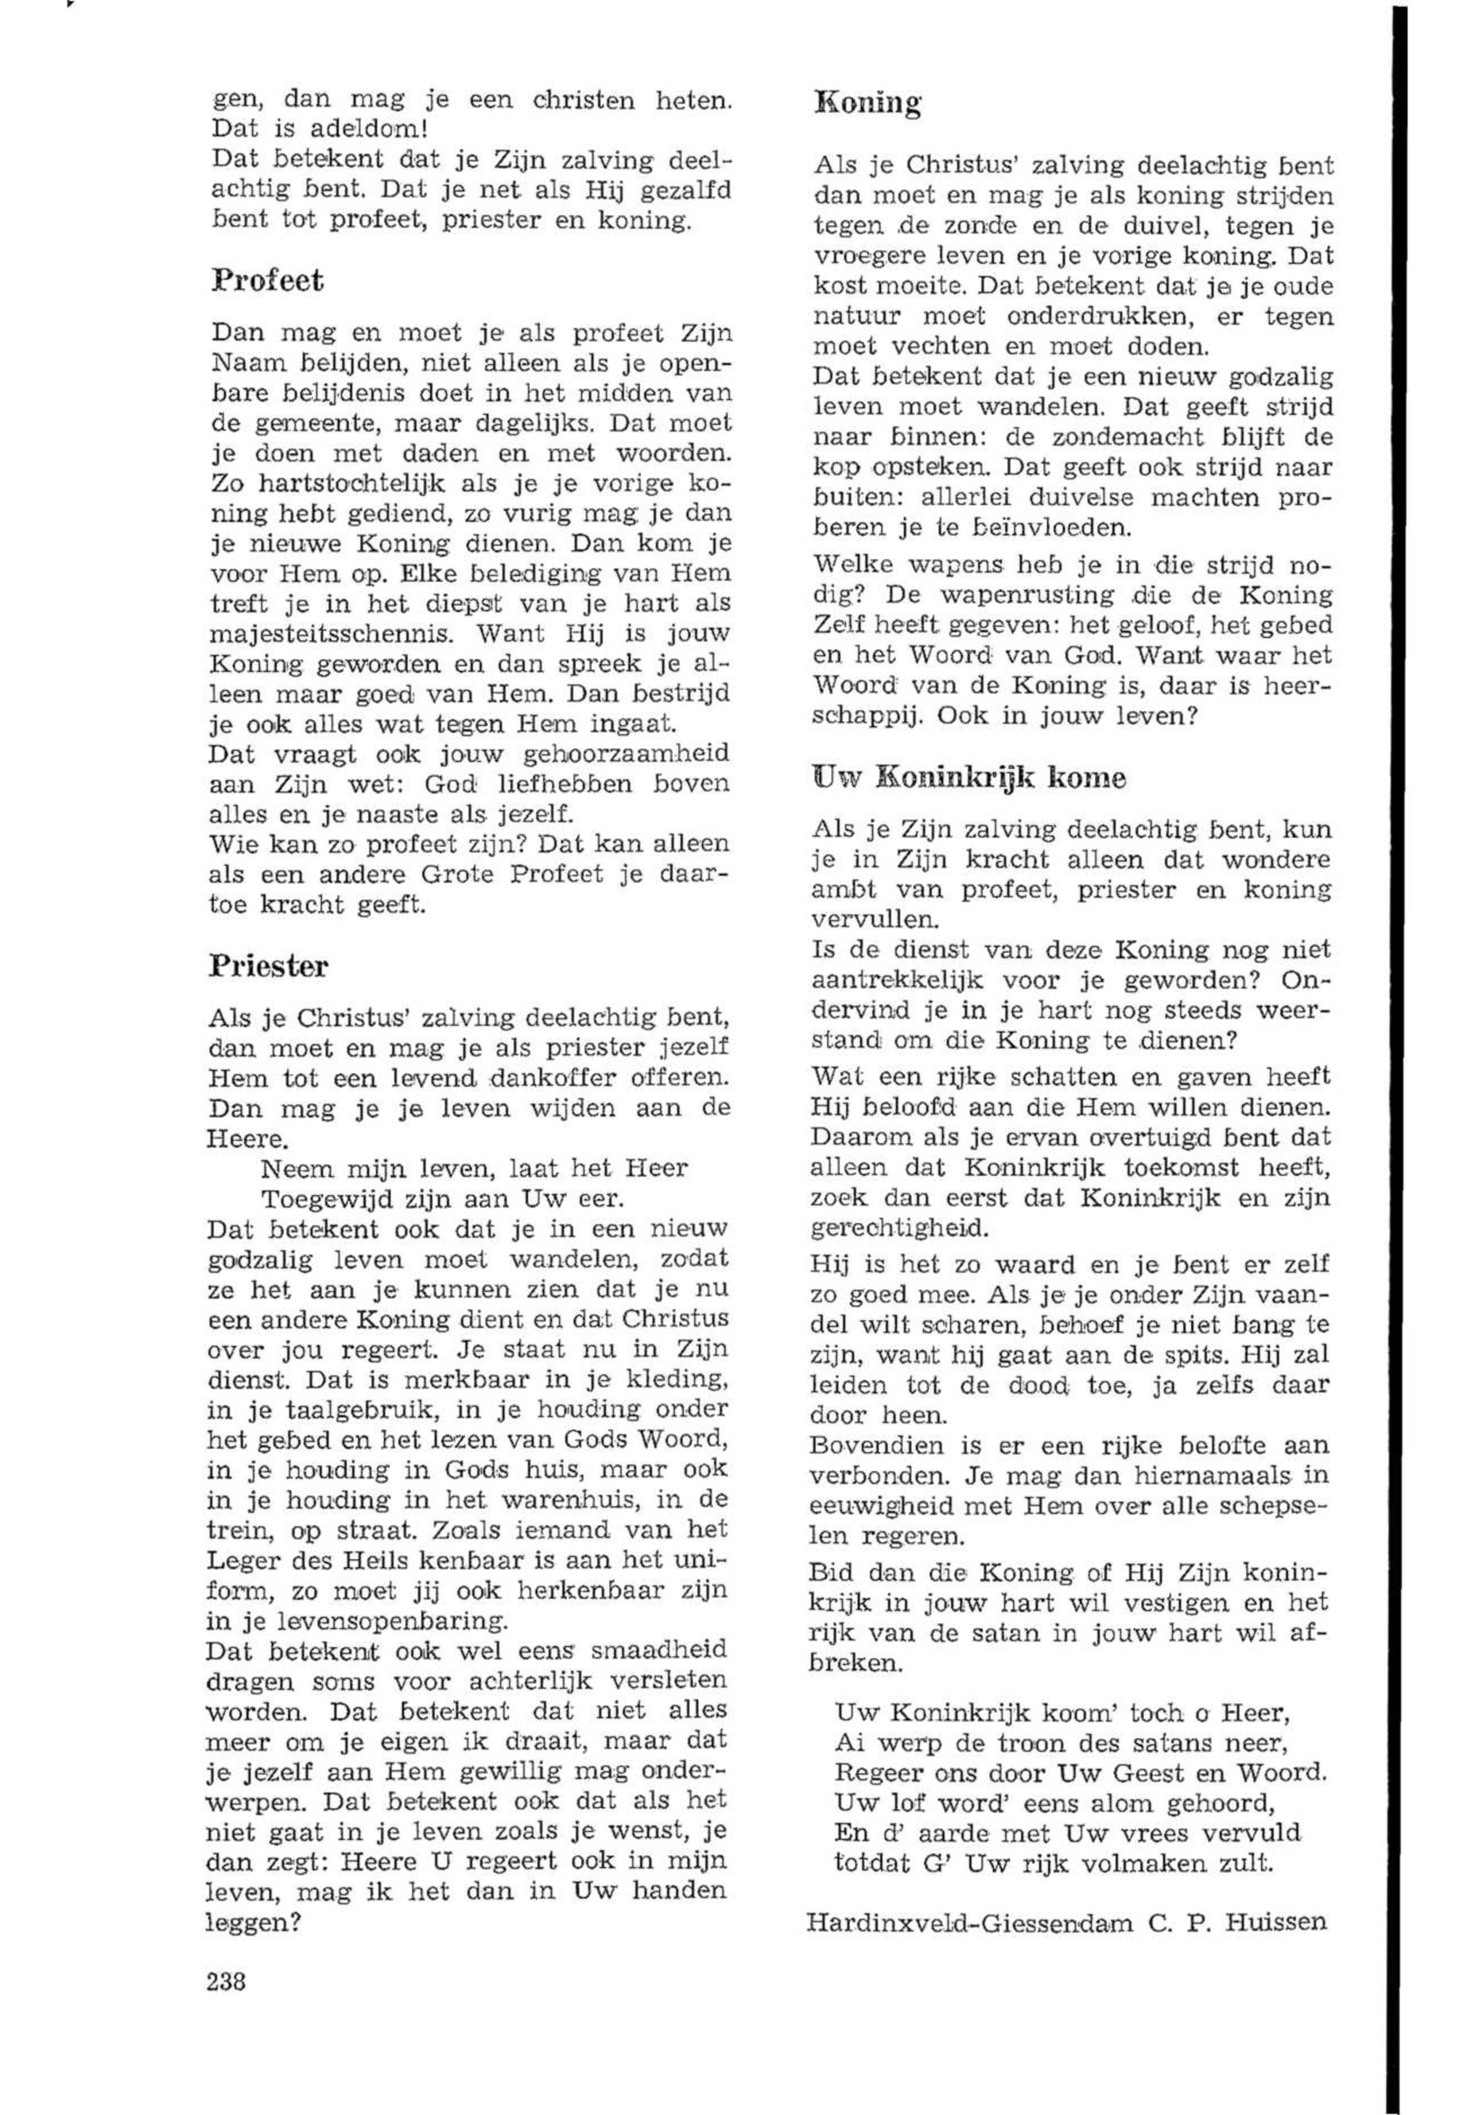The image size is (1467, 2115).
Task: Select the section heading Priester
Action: tap(269, 966)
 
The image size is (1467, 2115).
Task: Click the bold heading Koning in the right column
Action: tap(867, 103)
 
